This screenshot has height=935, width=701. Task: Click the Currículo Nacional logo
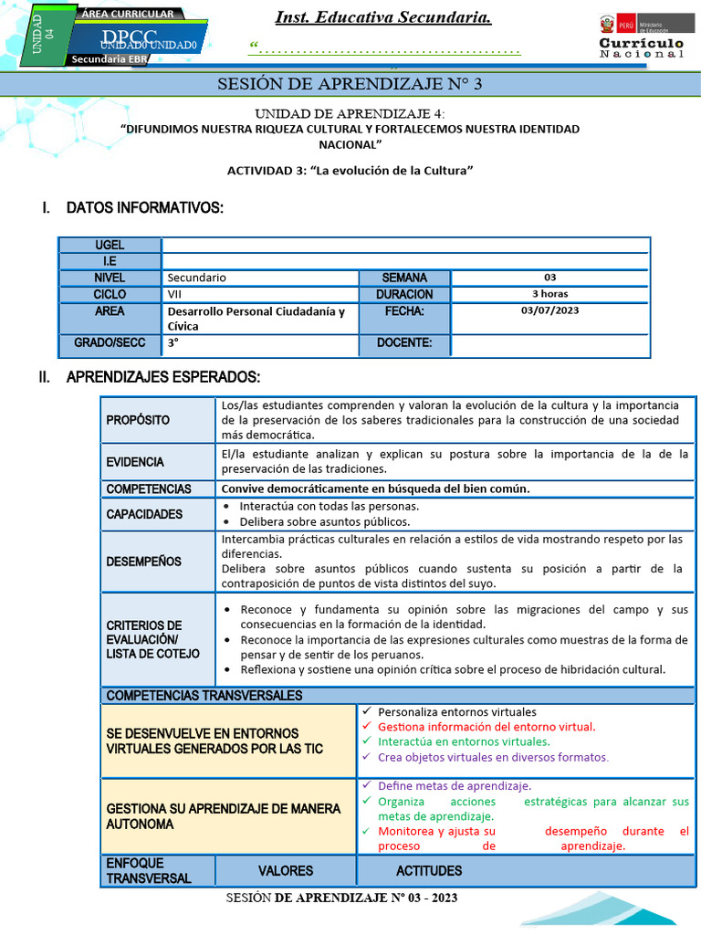click(641, 37)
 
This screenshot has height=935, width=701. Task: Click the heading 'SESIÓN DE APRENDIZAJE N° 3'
click(350, 85)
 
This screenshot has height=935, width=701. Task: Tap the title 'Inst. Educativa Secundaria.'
click(383, 18)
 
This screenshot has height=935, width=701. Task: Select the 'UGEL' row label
click(110, 246)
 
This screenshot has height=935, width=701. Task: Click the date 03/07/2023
click(549, 310)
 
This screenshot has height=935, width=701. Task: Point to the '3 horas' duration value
click(549, 294)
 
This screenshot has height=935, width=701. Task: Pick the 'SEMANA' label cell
click(403, 278)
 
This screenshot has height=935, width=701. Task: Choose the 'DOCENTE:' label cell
click(403, 344)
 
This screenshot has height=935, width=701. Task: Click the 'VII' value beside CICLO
click(174, 294)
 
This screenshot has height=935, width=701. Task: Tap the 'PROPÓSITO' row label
click(138, 420)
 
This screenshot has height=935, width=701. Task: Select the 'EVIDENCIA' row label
click(135, 462)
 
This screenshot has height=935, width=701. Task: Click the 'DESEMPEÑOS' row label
click(143, 562)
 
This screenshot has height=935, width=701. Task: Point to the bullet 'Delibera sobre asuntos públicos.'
click(324, 522)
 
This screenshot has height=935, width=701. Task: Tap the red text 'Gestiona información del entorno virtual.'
click(486, 727)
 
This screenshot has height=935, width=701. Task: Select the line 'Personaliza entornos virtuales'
click(456, 711)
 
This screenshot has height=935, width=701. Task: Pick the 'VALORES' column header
click(285, 871)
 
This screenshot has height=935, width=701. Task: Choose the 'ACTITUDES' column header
click(429, 871)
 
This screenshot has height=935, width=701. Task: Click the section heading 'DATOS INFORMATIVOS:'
click(144, 208)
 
